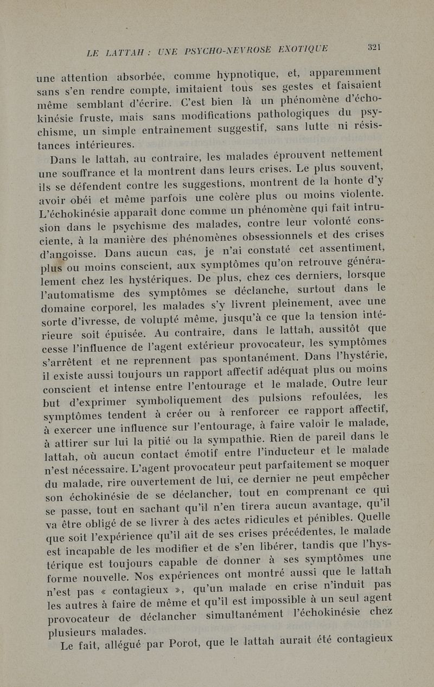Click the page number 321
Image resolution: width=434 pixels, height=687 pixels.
pos(373,46)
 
